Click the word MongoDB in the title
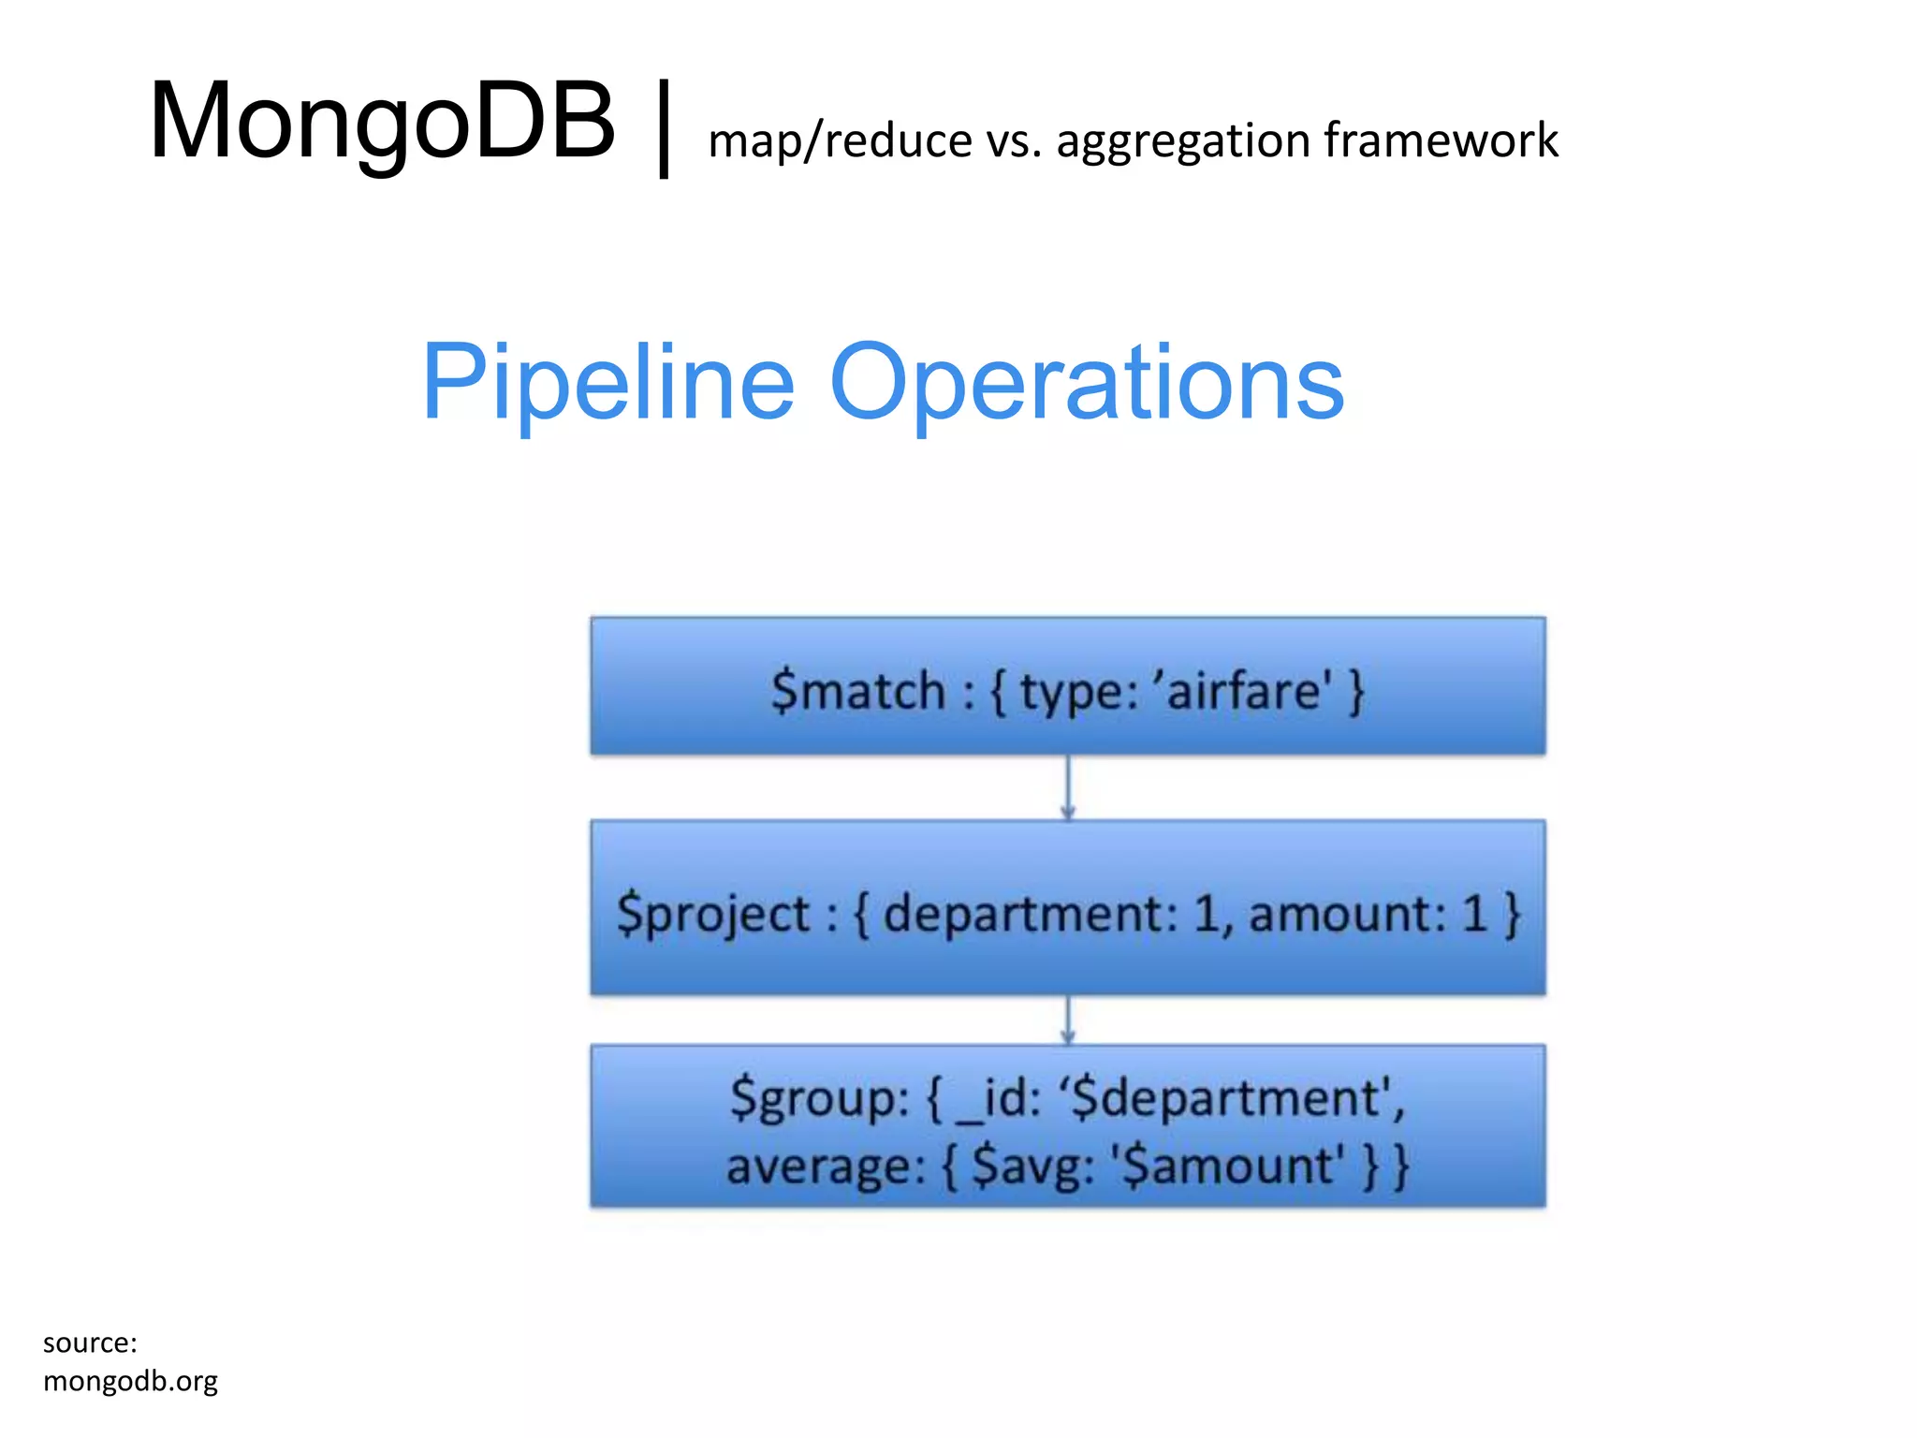click(x=382, y=122)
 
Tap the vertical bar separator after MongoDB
click(x=664, y=128)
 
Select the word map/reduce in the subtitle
click(x=840, y=141)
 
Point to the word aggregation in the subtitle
click(x=1182, y=143)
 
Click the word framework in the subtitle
click(x=1441, y=140)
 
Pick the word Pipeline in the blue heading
click(x=608, y=383)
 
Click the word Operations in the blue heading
click(x=1087, y=383)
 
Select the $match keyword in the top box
click(x=857, y=692)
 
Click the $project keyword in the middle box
click(x=713, y=915)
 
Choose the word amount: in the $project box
click(x=1348, y=914)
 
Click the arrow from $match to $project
click(x=1068, y=788)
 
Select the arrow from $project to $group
click(x=1068, y=1020)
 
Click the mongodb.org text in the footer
click(x=130, y=1381)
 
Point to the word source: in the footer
click(x=90, y=1343)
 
